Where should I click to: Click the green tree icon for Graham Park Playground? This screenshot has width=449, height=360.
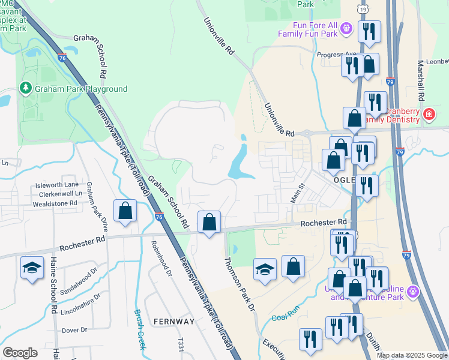point(25,89)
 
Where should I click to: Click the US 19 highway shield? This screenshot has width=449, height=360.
point(362,8)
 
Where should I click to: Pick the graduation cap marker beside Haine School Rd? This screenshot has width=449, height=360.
point(32,268)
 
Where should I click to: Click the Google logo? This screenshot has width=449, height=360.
point(20,353)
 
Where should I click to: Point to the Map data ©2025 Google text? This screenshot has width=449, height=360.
point(411,355)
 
